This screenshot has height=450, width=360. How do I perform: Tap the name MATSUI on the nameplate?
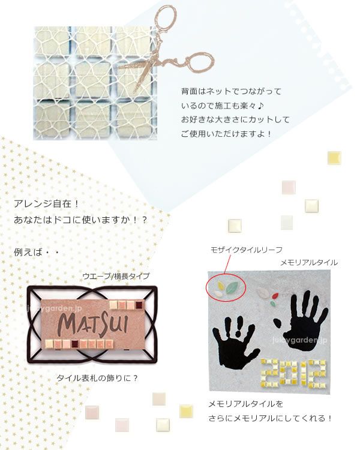tap(93, 324)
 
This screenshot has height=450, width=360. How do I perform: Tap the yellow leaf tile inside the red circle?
tap(221, 285)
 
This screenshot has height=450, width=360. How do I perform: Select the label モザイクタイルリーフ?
tap(247, 250)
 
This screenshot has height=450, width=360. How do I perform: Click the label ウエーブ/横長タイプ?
tap(116, 276)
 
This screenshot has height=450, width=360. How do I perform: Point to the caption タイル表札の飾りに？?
tap(97, 378)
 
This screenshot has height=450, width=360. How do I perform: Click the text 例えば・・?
tap(36, 253)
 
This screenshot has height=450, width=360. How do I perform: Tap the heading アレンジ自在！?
tap(46, 204)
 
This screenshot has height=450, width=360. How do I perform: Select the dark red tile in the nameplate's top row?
tap(139, 305)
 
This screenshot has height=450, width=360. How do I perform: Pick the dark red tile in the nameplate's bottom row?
tap(75, 343)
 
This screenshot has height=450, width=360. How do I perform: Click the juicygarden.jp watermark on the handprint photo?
tap(299, 340)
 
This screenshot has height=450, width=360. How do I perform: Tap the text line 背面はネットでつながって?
tap(232, 92)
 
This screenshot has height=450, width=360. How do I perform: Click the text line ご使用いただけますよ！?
tap(226, 134)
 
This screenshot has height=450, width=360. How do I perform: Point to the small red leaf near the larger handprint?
tap(275, 296)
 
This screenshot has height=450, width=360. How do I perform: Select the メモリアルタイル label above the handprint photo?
tap(309, 263)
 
